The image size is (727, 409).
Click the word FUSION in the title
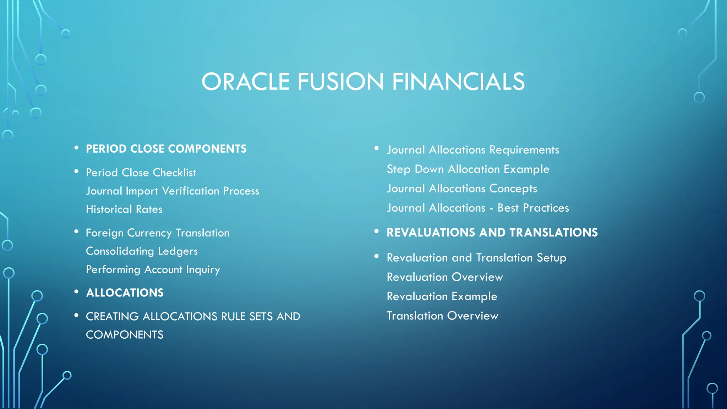[340, 82]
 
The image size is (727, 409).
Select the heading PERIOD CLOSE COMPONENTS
[166, 149]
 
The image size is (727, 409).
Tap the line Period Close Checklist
[141, 173]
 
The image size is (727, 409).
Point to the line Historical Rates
[124, 209]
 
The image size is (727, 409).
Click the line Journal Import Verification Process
[173, 191]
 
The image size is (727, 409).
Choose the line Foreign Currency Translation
[158, 233]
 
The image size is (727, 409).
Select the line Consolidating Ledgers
[142, 251]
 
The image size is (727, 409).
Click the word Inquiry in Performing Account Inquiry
[203, 270]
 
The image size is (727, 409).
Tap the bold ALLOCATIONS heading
[125, 293]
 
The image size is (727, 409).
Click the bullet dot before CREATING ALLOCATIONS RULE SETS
[76, 315]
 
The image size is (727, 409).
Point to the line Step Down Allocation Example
[468, 169]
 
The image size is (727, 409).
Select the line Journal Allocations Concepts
[462, 189]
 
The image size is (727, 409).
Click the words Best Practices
[533, 208]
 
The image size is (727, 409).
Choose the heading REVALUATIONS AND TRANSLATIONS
[492, 233]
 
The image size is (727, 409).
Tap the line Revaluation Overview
[445, 277]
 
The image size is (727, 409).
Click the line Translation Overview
[442, 316]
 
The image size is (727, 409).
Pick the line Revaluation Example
[442, 296]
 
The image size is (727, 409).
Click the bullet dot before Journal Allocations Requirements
[377, 148]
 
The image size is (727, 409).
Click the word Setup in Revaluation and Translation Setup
[551, 258]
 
